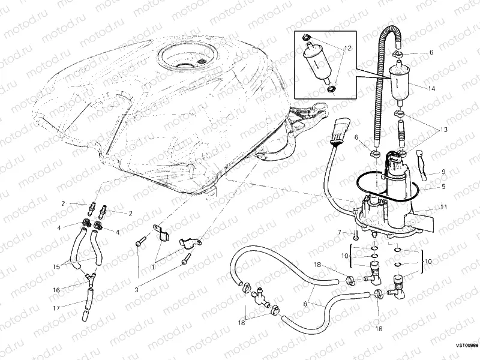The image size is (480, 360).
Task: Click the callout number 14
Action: click(431, 88)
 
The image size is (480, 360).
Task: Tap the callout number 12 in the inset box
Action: click(347, 49)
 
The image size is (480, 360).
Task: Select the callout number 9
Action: click(443, 172)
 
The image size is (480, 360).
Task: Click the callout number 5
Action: click(443, 187)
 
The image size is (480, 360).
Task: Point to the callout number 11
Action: click(443, 207)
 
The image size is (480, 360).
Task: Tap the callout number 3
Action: click(136, 290)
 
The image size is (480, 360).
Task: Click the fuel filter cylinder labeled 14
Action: click(398, 84)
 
